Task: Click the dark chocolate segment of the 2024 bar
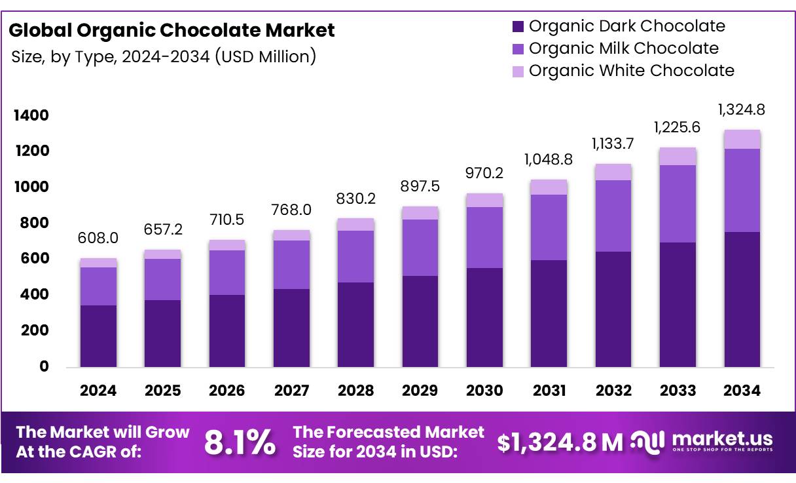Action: [98, 336]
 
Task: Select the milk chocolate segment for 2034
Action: [742, 190]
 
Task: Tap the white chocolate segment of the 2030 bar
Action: [484, 201]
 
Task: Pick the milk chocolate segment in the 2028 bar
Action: [355, 256]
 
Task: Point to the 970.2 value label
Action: [484, 173]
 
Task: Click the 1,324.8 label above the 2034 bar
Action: [742, 109]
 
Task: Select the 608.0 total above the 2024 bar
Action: [98, 238]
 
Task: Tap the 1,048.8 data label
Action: [549, 159]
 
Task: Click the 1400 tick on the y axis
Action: [31, 115]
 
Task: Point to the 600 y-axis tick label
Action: [35, 258]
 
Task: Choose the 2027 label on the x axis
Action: [291, 391]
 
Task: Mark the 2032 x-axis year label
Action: [614, 391]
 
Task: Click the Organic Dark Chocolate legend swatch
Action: [518, 27]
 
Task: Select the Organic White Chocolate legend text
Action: [632, 70]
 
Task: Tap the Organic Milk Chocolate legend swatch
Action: [518, 49]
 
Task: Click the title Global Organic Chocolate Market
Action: [172, 30]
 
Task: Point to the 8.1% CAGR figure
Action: [240, 442]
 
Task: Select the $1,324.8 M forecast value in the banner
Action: [560, 443]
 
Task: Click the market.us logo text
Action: [723, 439]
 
